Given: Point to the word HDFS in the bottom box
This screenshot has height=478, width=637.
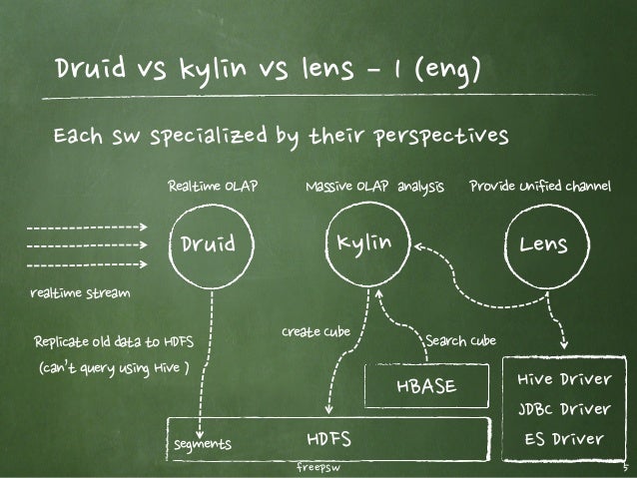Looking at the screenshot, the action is pyautogui.click(x=328, y=439).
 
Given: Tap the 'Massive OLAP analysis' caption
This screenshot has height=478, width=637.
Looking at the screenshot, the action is pyautogui.click(x=374, y=185).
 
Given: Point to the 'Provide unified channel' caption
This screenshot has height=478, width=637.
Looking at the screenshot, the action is pyautogui.click(x=539, y=185).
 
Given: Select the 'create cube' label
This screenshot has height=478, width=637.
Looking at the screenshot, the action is pyautogui.click(x=316, y=330).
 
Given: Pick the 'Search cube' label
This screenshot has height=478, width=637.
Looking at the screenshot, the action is pyautogui.click(x=460, y=341).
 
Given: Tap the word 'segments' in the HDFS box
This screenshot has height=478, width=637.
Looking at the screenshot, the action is pyautogui.click(x=203, y=443).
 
